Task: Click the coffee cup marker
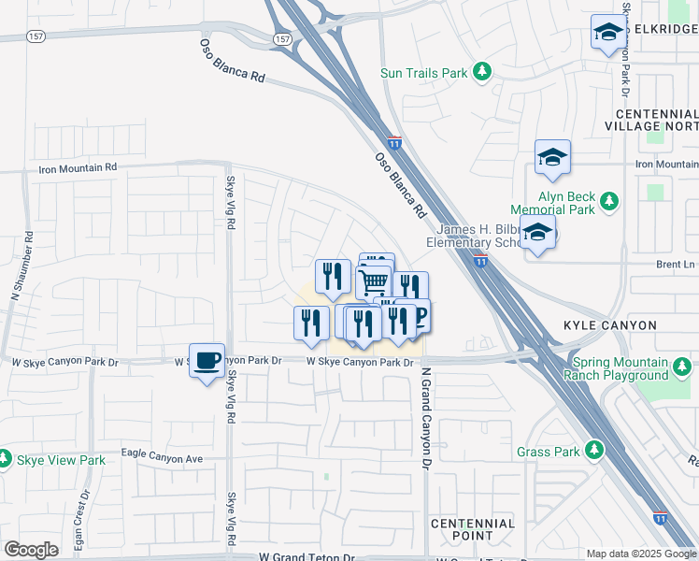[x=207, y=359]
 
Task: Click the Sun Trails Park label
[x=423, y=72]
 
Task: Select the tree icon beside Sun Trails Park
[x=481, y=72]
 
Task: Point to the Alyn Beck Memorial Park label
[x=566, y=203]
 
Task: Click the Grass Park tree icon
[x=593, y=452]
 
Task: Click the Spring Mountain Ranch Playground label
[x=616, y=368]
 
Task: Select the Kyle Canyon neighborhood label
[x=610, y=325]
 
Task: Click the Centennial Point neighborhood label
[x=473, y=529]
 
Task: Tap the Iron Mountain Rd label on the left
[x=78, y=168]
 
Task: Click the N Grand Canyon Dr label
[x=425, y=418]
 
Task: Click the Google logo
[x=31, y=550]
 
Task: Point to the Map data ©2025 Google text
[x=641, y=554]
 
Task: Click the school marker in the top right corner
[x=608, y=34]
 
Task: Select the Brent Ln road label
[x=675, y=265]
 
